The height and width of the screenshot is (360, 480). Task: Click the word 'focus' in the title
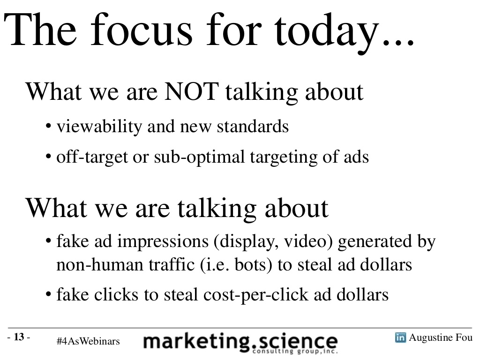142,30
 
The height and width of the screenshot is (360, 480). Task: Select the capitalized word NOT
192,91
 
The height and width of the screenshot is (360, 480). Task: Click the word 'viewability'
99,127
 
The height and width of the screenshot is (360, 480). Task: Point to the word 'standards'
253,126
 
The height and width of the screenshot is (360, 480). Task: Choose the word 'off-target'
92,157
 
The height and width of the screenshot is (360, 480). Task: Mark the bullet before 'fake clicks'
48,294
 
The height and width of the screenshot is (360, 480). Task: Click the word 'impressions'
163,241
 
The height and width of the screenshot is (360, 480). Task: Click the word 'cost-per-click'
256,295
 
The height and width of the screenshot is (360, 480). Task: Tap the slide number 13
19,337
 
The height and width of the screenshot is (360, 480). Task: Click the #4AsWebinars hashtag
88,341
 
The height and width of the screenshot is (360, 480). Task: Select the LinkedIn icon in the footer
400,337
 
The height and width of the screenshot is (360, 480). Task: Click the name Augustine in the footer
431,337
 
